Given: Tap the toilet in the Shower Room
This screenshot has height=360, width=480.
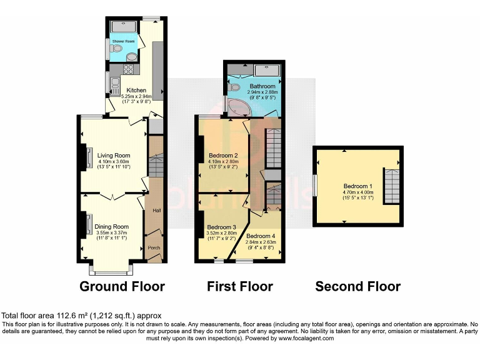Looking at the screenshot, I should [x=117, y=48].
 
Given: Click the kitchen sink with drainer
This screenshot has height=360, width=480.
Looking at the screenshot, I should [x=114, y=82].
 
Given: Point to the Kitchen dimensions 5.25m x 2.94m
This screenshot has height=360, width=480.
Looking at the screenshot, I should [x=136, y=96].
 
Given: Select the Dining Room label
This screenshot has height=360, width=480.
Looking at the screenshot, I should [x=112, y=226].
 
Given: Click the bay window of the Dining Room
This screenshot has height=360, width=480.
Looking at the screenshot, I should [x=111, y=268].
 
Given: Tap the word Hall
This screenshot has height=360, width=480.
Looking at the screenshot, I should [x=156, y=210].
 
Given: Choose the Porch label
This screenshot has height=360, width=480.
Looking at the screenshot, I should [x=154, y=247].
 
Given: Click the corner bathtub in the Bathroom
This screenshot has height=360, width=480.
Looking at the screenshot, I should [x=237, y=108].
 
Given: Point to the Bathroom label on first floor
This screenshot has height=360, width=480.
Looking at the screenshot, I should [x=262, y=86].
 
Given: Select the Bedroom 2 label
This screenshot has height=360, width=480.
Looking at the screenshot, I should [x=223, y=155].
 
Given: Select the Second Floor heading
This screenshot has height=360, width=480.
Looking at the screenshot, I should [x=357, y=286].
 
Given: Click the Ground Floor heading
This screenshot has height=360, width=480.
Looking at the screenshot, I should [x=122, y=286].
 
